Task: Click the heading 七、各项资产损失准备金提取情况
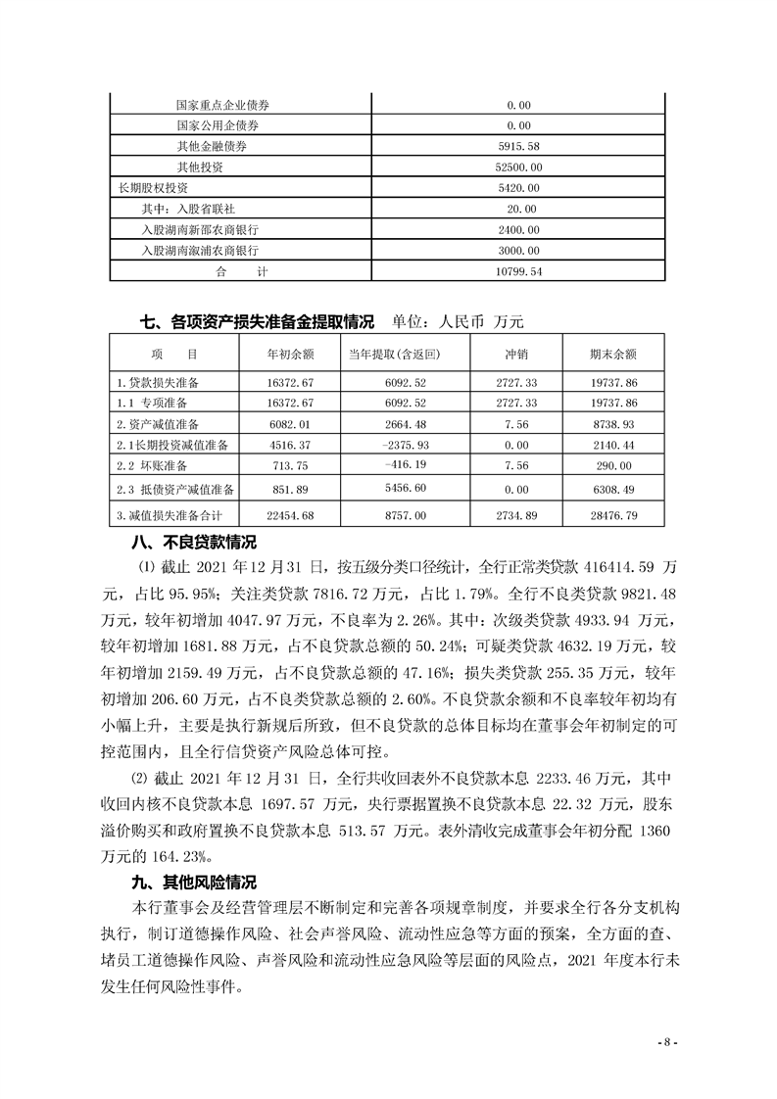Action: click(x=258, y=320)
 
